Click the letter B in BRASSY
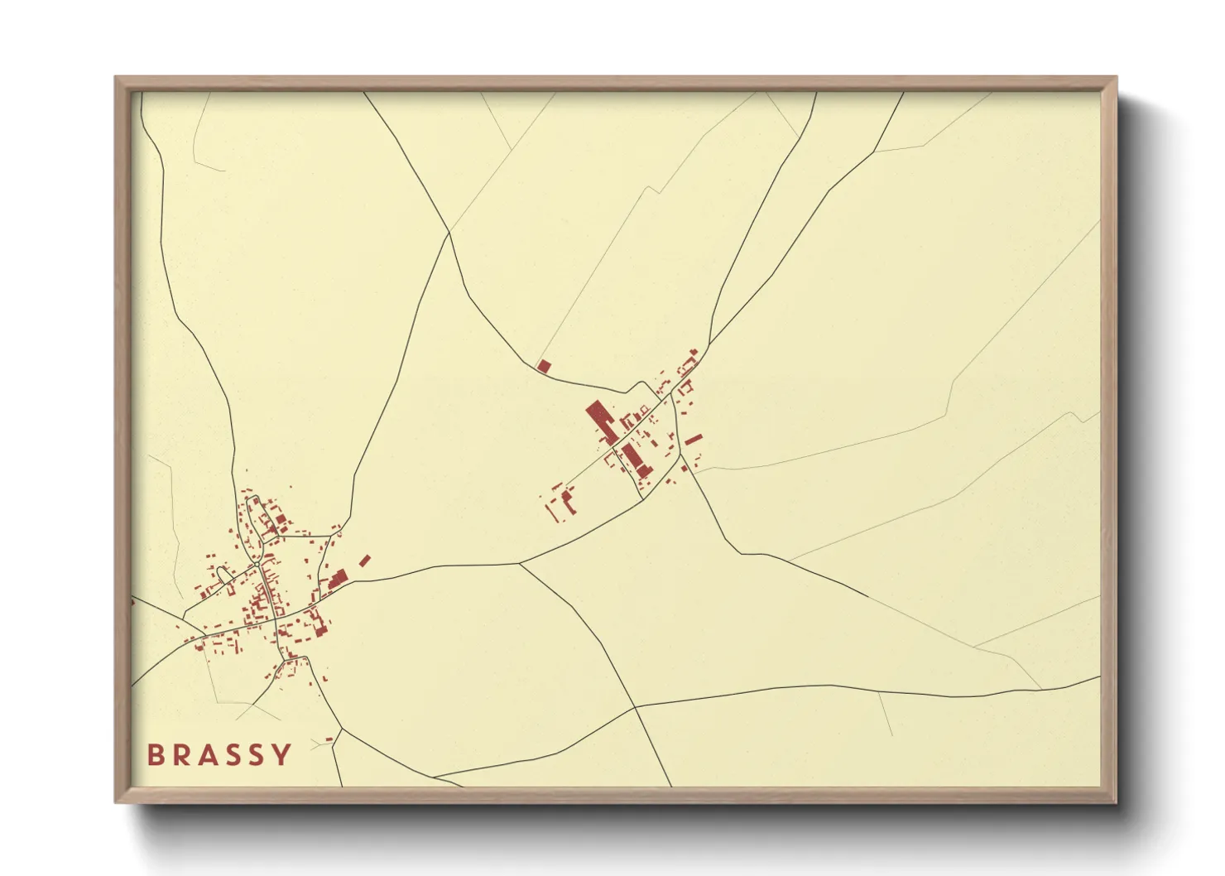pos(156,755)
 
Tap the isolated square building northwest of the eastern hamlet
pos(544,366)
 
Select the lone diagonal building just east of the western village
pos(364,561)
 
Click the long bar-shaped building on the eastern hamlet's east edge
pos(693,439)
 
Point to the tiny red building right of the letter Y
pos(329,739)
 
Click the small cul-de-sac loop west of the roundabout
pos(223,572)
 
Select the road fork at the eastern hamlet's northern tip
pos(709,344)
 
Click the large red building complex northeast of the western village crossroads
pos(337,578)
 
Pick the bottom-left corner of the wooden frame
pos(117,801)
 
